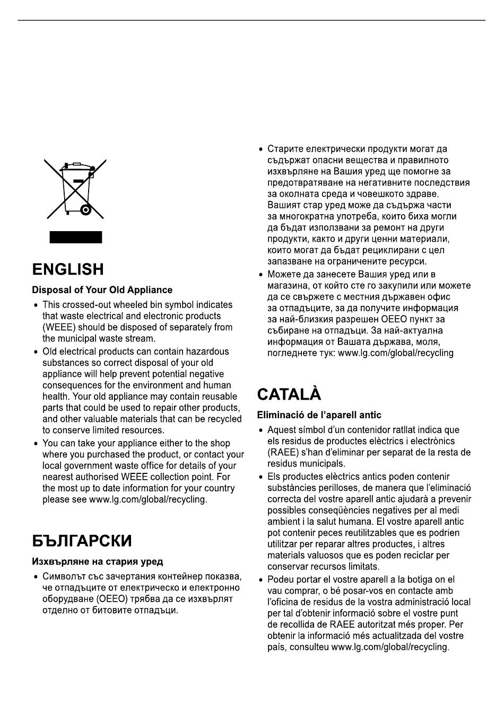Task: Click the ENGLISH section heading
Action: point(68,269)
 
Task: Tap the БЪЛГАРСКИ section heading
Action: point(82,541)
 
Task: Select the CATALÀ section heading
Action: point(289,395)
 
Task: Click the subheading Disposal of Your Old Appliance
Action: point(102,290)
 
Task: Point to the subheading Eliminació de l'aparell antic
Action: point(319,415)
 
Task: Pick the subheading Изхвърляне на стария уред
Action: point(97,561)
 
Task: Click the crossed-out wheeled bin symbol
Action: point(76,189)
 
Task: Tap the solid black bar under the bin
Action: point(76,237)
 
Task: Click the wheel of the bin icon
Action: point(85,210)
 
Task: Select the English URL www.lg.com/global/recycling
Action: point(147,499)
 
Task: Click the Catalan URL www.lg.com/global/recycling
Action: point(390,647)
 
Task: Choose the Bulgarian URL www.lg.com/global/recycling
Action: point(396,353)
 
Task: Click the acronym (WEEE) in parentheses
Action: point(56,327)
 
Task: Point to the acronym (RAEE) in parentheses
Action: point(281,452)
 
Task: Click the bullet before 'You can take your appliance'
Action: point(36,444)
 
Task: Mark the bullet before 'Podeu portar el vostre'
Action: point(260,580)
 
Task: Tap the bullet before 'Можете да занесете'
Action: point(260,275)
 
